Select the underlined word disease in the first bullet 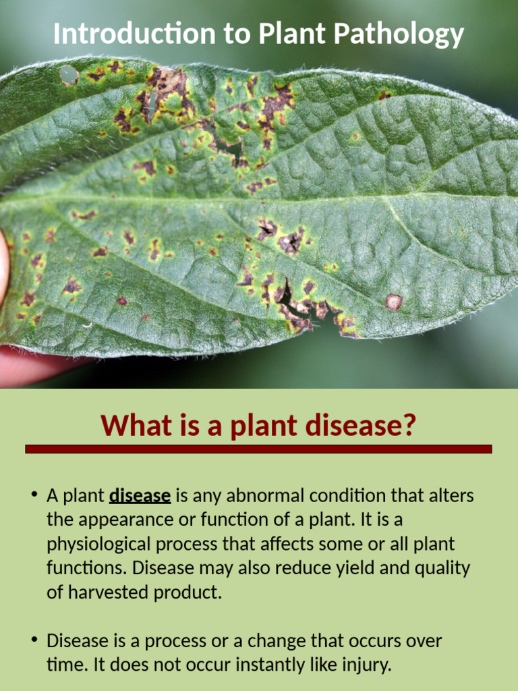(x=140, y=496)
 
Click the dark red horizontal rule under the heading (x=258, y=449)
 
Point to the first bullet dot (x=33, y=496)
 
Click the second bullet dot (x=33, y=640)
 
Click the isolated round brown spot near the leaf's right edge (x=394, y=302)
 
